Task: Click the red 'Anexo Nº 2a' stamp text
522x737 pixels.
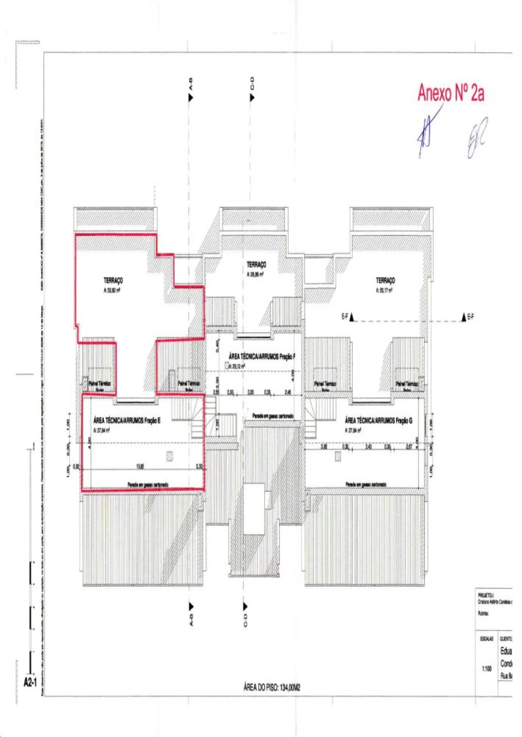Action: pos(451,93)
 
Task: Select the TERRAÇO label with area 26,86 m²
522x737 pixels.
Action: pos(256,264)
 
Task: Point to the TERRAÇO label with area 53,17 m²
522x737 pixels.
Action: pos(385,280)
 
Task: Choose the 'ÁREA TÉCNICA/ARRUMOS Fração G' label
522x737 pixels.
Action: pos(378,419)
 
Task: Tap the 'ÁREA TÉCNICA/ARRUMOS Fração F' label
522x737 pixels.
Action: pos(262,356)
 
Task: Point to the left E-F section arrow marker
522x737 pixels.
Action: pos(351,317)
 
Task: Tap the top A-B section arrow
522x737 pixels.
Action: pos(190,98)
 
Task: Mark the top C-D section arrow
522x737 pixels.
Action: pos(252,98)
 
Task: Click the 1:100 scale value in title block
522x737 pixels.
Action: pos(487,668)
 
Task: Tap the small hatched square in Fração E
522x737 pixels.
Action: pos(169,456)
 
